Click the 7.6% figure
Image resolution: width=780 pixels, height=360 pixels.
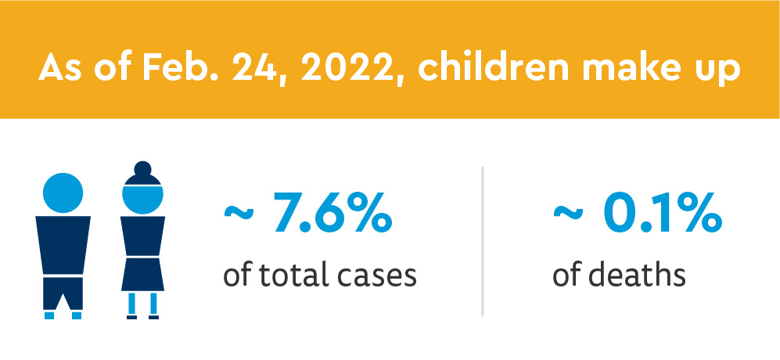coord(333,217)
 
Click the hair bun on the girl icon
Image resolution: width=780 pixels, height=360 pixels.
coord(142,169)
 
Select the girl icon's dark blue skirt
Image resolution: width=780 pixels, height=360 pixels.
coord(142,275)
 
